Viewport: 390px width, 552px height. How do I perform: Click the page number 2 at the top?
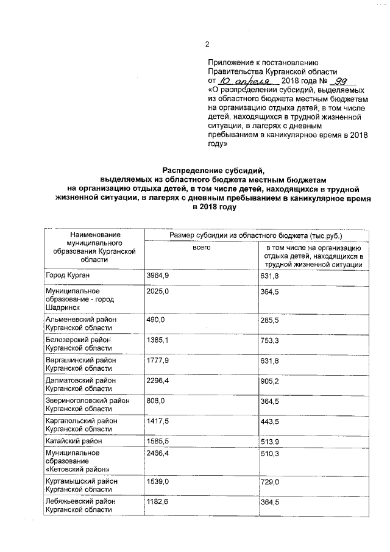click(207, 43)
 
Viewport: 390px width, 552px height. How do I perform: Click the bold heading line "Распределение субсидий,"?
click(214, 171)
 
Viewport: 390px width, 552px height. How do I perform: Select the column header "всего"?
click(202, 247)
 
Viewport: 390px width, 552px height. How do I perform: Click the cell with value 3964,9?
click(157, 276)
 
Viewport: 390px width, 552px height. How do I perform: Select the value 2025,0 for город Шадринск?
click(157, 292)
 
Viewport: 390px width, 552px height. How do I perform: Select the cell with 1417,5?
click(157, 421)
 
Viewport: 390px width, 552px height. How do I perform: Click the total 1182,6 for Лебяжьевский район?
click(157, 501)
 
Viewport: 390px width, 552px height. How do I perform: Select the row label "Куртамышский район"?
click(80, 481)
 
